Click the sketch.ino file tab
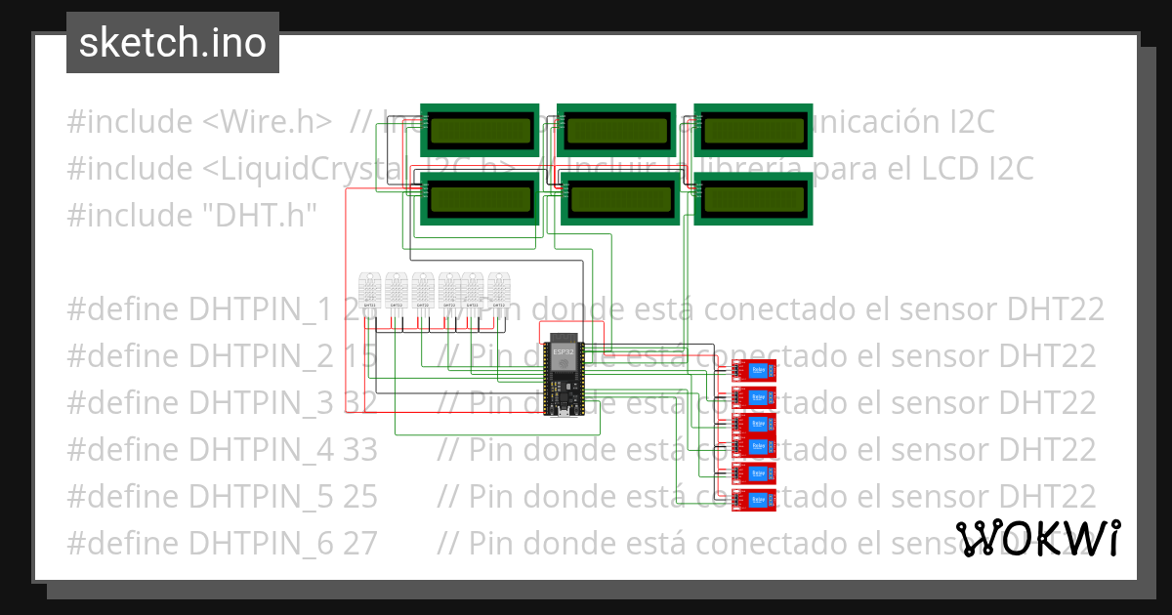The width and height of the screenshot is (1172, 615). coord(173,43)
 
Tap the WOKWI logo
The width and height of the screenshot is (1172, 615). coord(1037,538)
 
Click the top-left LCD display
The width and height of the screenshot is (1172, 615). coord(480,130)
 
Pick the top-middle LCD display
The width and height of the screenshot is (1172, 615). coord(616,130)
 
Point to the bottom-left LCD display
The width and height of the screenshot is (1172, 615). coord(480,198)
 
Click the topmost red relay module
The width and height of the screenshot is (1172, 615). coord(754,370)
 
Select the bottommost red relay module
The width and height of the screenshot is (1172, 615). coord(754,501)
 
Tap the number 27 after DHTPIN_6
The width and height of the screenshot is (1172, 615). coord(359,544)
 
